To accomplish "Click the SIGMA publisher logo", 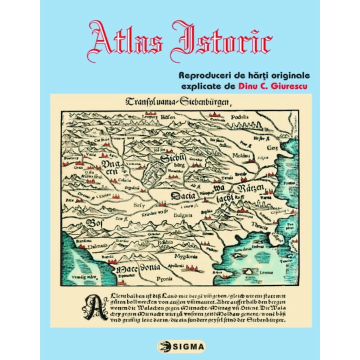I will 179,345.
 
